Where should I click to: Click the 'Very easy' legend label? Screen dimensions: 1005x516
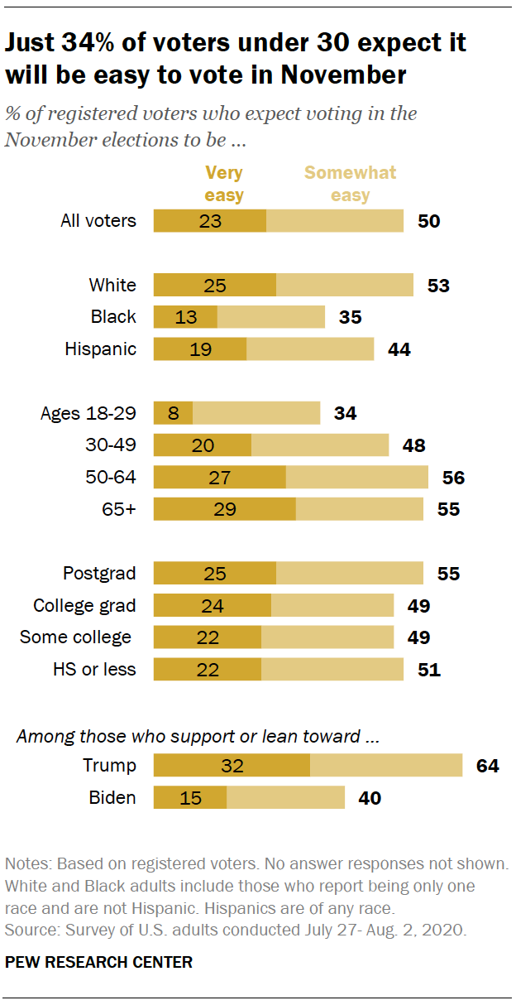224,184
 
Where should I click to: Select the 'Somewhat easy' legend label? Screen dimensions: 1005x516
351,184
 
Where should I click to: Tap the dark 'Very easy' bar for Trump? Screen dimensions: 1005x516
232,766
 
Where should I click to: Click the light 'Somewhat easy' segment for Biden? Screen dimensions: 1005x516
285,798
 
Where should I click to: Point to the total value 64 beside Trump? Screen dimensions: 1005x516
487,766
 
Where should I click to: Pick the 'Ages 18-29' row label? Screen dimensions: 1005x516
88,413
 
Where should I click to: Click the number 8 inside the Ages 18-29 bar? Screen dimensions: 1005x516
173,413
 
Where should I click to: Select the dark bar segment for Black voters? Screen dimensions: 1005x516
186,316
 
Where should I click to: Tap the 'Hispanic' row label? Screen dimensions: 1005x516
100,349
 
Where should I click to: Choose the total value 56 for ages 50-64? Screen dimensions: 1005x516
453,478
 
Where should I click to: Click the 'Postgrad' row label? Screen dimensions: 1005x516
99,574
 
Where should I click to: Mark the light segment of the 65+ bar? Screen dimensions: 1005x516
359,509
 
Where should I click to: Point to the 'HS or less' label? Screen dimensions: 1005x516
93,669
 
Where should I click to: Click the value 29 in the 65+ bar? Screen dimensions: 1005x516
224,509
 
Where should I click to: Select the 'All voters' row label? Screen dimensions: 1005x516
98,221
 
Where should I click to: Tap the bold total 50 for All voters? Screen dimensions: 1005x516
428,221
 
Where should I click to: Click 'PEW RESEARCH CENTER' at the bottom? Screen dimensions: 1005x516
98,963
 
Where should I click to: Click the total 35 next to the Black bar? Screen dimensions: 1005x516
351,316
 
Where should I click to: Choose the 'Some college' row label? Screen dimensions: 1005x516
76,637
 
